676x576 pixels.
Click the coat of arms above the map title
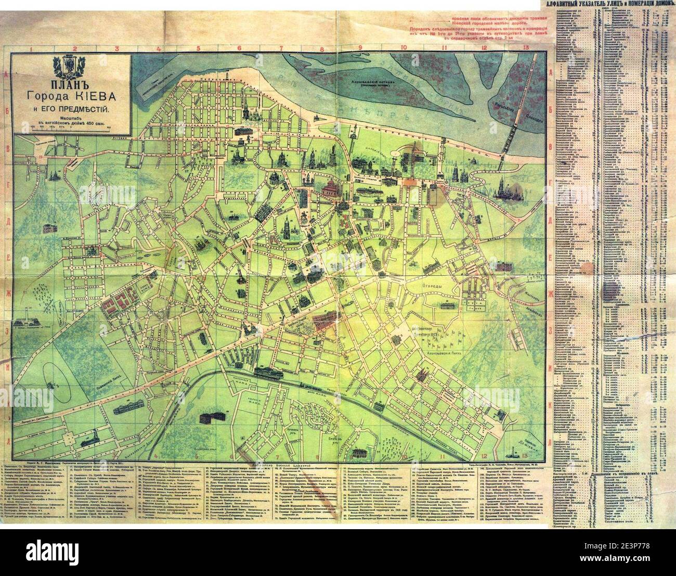[71, 66]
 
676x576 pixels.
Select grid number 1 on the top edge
[31, 49]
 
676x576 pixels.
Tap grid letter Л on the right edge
[549, 441]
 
